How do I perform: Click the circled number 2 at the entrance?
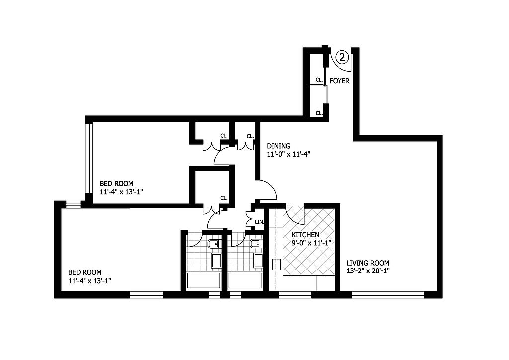pyautogui.click(x=342, y=57)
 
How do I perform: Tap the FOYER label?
pyautogui.click(x=339, y=81)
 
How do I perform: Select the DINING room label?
pyautogui.click(x=278, y=146)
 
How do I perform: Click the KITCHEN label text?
pyautogui.click(x=305, y=234)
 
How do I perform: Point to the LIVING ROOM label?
pyautogui.click(x=367, y=263)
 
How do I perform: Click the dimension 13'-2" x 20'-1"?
pyautogui.click(x=368, y=271)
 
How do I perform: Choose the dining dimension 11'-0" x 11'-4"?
pyautogui.click(x=289, y=154)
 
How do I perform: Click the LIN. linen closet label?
pyautogui.click(x=260, y=222)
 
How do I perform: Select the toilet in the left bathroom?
pyautogui.click(x=214, y=244)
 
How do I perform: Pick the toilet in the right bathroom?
pyautogui.click(x=255, y=244)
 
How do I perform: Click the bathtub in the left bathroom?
pyautogui.click(x=204, y=280)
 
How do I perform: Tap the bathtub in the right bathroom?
pyautogui.click(x=246, y=280)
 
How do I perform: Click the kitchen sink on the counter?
pyautogui.click(x=277, y=265)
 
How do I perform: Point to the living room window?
pyautogui.click(x=388, y=295)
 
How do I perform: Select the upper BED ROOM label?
pyautogui.click(x=116, y=184)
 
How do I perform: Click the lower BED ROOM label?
pyautogui.click(x=85, y=272)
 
